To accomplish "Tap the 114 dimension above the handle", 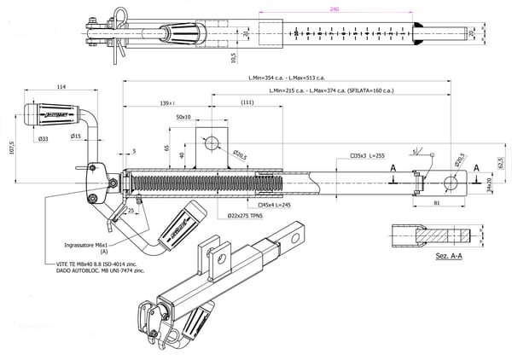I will point(61,87).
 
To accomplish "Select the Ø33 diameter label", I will point(43,136).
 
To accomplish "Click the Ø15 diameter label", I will point(76,136).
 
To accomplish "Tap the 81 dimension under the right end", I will point(437,203).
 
